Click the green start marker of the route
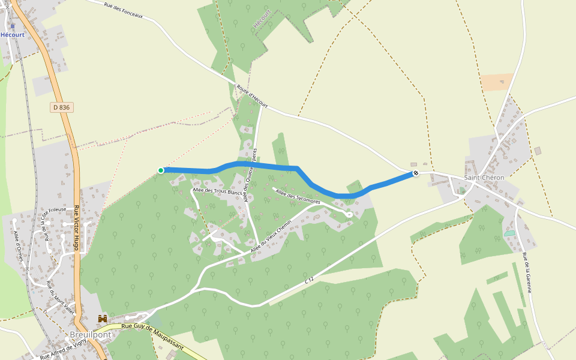click(x=161, y=170)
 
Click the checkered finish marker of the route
click(x=415, y=173)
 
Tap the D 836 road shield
click(x=61, y=107)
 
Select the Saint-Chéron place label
click(x=484, y=178)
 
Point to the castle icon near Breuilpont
click(x=103, y=319)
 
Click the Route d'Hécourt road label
click(x=251, y=97)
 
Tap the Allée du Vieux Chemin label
click(x=271, y=236)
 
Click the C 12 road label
click(x=309, y=280)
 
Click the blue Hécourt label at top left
click(x=13, y=35)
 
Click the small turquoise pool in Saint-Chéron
click(x=509, y=233)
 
